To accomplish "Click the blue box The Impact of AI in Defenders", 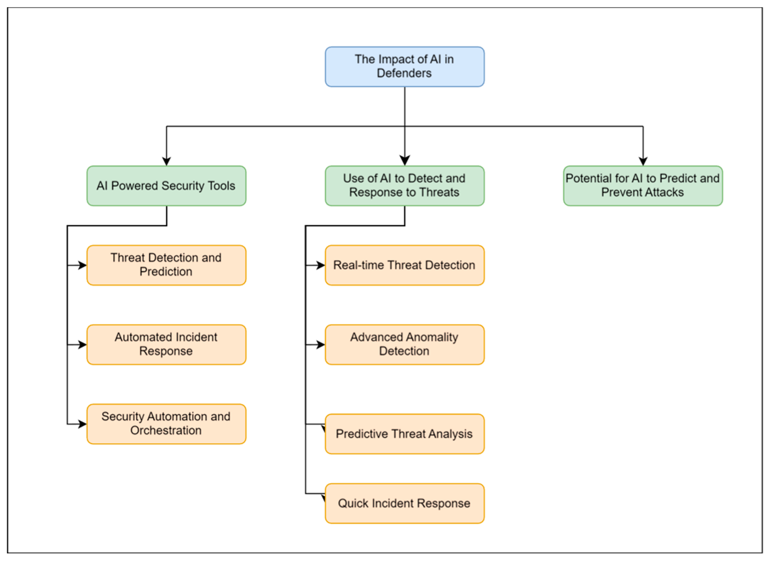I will [x=404, y=66].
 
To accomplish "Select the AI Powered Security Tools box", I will [x=166, y=186].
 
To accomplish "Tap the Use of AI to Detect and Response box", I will [x=404, y=186].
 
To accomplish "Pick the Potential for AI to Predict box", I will [x=643, y=186].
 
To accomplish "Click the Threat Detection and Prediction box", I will [x=166, y=265].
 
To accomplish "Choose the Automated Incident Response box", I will [x=166, y=344].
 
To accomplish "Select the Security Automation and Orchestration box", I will [x=166, y=424].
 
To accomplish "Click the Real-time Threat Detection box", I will [x=404, y=265].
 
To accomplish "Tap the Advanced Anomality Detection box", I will [x=404, y=344].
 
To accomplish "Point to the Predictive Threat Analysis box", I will [x=404, y=434].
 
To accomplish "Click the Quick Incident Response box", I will [x=404, y=503].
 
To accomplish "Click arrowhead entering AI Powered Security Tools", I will [x=166, y=161].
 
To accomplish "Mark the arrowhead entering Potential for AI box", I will [x=643, y=161].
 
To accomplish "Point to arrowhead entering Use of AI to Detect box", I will [x=405, y=161].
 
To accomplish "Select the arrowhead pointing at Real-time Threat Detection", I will [x=321, y=265].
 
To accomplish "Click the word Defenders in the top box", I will [x=404, y=73].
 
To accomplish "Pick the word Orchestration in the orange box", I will [x=166, y=430].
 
